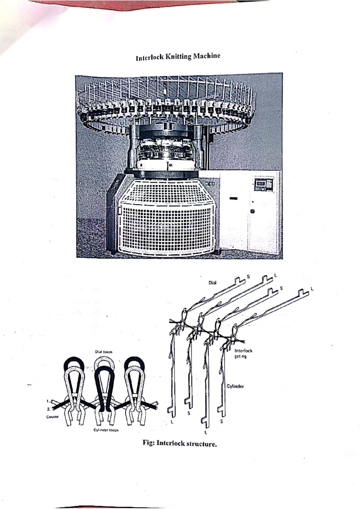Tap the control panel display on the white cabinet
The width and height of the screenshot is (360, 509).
pyautogui.click(x=260, y=183)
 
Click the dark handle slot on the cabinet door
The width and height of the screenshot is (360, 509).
pyautogui.click(x=233, y=198)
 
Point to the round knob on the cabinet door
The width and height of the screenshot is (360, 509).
pyautogui.click(x=253, y=211)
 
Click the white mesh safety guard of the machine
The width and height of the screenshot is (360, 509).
pyautogui.click(x=166, y=219)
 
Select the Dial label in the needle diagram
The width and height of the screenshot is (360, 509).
pyautogui.click(x=212, y=282)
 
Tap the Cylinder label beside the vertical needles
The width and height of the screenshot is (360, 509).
pyautogui.click(x=235, y=386)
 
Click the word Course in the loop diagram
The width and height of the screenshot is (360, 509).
pyautogui.click(x=52, y=417)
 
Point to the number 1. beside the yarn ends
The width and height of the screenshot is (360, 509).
pyautogui.click(x=48, y=401)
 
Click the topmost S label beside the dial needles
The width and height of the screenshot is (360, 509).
pyautogui.click(x=248, y=276)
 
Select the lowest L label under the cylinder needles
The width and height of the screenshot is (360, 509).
pyautogui.click(x=206, y=433)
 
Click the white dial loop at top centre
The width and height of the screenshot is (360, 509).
pyautogui.click(x=104, y=362)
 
